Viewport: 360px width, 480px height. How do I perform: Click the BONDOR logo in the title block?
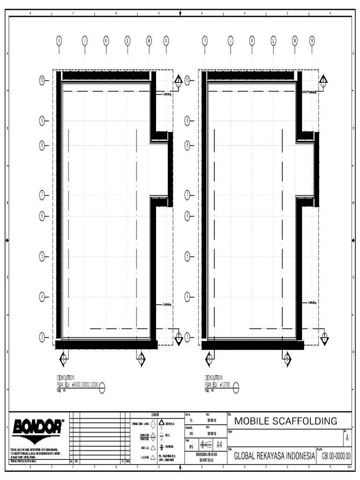tap(37, 428)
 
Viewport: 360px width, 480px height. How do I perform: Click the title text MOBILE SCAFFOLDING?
tap(285, 421)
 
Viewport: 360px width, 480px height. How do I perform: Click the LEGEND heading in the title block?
tap(156, 415)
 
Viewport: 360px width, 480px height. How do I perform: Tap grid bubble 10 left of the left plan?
tap(42, 81)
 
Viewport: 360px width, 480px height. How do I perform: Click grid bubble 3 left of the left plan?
tap(42, 336)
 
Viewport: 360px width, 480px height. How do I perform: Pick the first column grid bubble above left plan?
tap(59, 40)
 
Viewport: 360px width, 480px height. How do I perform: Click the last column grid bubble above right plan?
tap(312, 40)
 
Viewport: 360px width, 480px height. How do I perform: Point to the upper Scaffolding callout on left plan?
tap(167, 93)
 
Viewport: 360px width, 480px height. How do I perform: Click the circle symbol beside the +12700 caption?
tap(236, 387)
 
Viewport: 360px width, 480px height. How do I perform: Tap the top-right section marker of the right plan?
tap(323, 81)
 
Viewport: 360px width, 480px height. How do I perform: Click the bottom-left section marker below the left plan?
tap(63, 359)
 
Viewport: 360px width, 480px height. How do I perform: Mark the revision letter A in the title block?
tap(347, 438)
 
